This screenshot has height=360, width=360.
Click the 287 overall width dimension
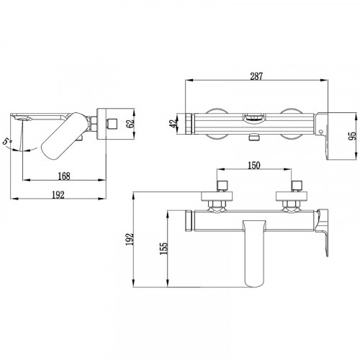(x=256, y=76)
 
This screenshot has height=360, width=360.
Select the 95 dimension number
(x=353, y=136)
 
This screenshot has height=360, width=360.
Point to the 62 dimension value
(x=130, y=124)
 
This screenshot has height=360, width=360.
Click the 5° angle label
(x=7, y=140)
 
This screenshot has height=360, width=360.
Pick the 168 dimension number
(x=64, y=176)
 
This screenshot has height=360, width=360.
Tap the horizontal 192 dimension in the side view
(x=58, y=195)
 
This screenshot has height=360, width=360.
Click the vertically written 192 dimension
(x=130, y=238)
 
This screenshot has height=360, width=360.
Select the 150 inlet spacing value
(x=253, y=166)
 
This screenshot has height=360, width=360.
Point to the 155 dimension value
(x=164, y=248)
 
